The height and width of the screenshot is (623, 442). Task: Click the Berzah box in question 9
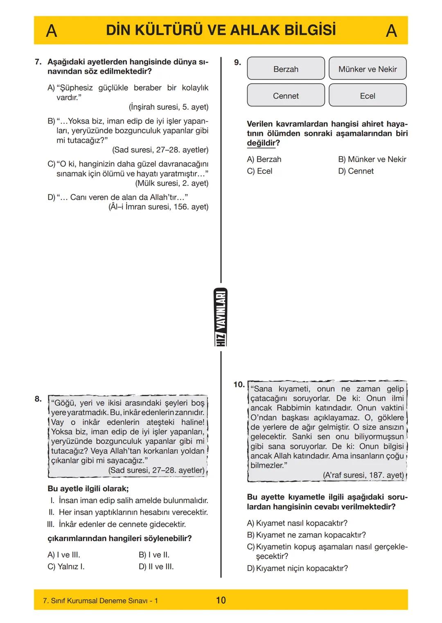(286, 69)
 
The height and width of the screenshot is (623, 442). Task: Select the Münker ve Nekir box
(368, 69)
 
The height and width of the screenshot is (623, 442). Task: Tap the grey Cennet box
(286, 96)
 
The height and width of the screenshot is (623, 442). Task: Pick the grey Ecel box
(368, 96)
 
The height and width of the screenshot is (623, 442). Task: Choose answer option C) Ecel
(259, 171)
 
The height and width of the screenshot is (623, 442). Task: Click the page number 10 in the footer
(221, 600)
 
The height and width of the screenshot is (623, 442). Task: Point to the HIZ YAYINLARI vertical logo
(221, 317)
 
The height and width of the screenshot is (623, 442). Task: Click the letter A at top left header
(51, 31)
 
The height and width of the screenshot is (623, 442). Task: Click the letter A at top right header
(391, 31)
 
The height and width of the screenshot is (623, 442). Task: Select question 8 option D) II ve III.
(156, 567)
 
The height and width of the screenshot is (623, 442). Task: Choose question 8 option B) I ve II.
(154, 555)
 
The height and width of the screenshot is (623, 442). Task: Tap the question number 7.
(38, 62)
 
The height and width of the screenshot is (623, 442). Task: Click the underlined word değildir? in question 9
(263, 143)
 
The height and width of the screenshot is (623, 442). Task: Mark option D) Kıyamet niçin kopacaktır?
(298, 568)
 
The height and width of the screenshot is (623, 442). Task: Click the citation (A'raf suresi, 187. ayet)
(363, 475)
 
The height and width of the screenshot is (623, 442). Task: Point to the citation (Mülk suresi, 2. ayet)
(171, 183)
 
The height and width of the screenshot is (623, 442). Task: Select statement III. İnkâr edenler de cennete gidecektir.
(117, 524)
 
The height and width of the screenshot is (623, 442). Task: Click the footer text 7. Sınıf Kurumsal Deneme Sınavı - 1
(100, 600)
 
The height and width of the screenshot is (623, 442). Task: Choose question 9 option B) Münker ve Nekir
(372, 159)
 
